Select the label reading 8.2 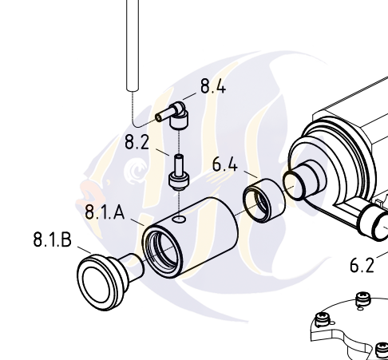coord(137,142)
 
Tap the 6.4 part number coord(225,164)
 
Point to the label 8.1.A coord(105,212)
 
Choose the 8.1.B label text coord(53,239)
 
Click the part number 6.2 coord(362,265)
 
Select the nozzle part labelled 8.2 coord(179,172)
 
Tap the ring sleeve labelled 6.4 coord(264,200)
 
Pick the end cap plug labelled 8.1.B coord(109,282)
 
